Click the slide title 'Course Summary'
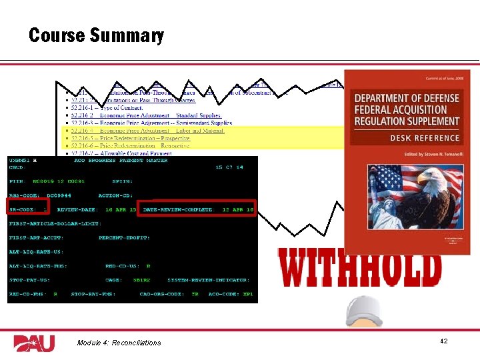tap(96, 35)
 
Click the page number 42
tap(443, 341)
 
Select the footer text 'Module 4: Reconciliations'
tap(119, 343)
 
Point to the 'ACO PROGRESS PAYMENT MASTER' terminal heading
tap(111, 161)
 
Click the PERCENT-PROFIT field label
tap(124, 238)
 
